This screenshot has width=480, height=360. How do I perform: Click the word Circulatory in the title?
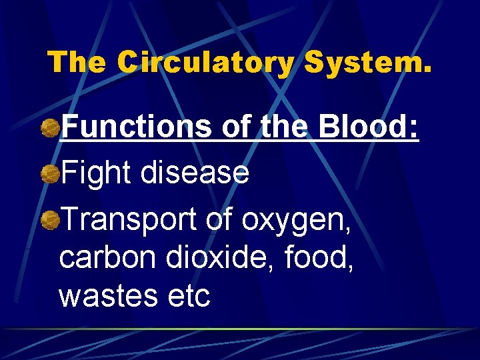tap(206, 63)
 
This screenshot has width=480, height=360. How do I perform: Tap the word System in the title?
tap(367, 63)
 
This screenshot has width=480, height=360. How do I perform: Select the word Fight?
tap(96, 174)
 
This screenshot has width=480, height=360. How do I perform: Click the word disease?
tap(195, 174)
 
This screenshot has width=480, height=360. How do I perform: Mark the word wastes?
tap(101, 296)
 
